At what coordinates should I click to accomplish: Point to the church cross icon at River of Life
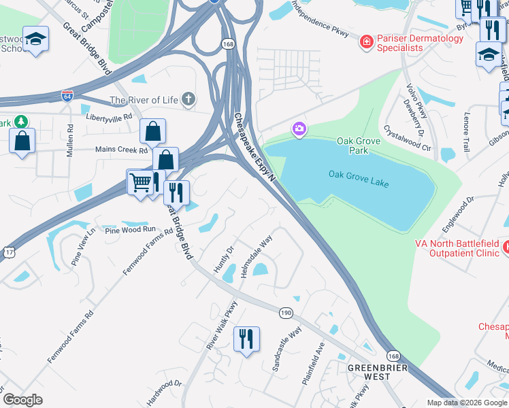pyautogui.click(x=188, y=100)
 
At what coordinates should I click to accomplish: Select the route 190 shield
pyautogui.click(x=286, y=312)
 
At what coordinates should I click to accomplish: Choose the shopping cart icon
pyautogui.click(x=140, y=182)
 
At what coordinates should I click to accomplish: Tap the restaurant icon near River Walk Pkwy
pyautogui.click(x=246, y=337)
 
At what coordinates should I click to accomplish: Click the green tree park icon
pyautogui.click(x=22, y=122)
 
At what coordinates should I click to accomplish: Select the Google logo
pyautogui.click(x=22, y=399)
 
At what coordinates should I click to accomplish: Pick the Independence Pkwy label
pyautogui.click(x=320, y=22)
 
